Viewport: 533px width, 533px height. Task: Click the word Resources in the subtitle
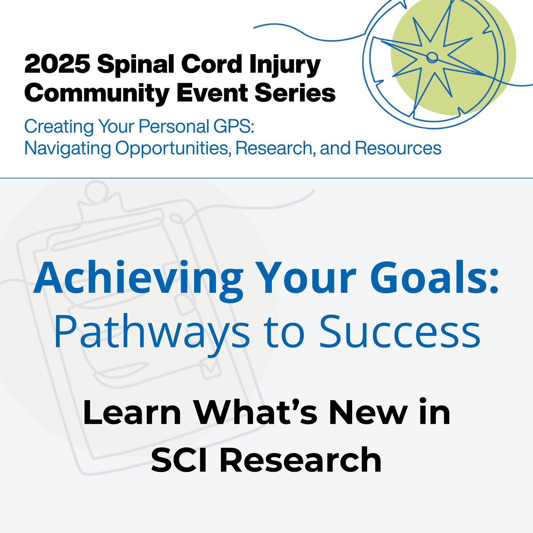click(398, 148)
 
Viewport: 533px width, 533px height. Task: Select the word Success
click(399, 331)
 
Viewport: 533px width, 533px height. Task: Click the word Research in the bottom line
click(300, 459)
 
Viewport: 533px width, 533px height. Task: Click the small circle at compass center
click(432, 57)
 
